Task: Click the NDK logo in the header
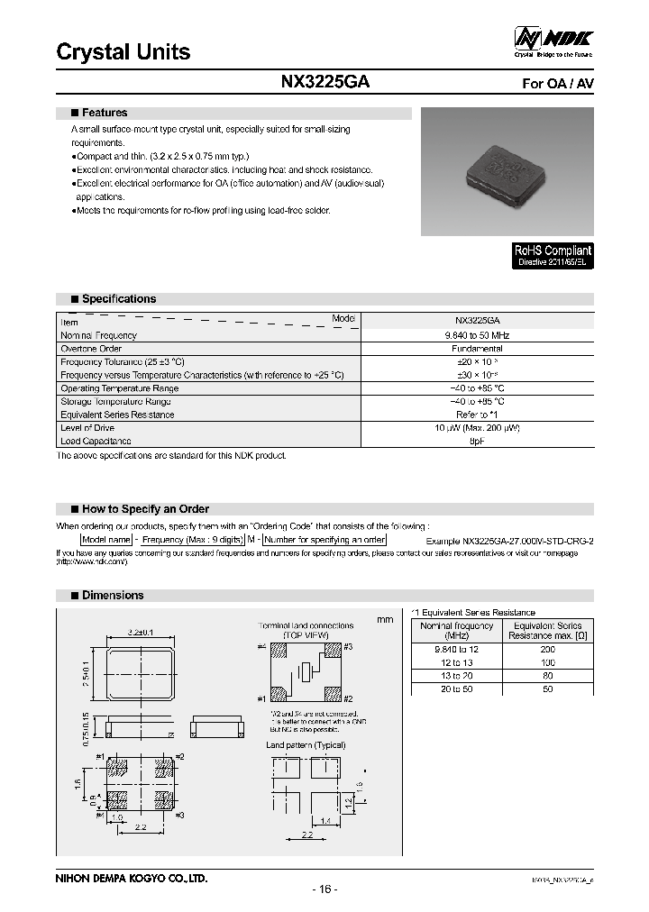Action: pos(553,41)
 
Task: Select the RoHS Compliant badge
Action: pos(553,255)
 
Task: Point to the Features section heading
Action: pos(104,113)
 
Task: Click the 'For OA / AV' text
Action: pos(558,83)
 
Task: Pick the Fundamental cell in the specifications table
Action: pos(478,348)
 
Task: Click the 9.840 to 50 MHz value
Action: pos(478,335)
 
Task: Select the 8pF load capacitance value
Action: pos(478,441)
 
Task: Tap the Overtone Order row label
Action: pos(92,348)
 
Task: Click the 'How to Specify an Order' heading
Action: pos(144,509)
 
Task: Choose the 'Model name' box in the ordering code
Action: pos(107,539)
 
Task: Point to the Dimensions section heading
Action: pos(112,595)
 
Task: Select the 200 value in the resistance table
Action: pos(547,649)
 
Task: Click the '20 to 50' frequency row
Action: pos(456,689)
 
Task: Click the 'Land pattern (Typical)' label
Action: pos(305,744)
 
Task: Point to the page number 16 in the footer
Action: pos(324,889)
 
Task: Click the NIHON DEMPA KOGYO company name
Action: pos(132,877)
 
